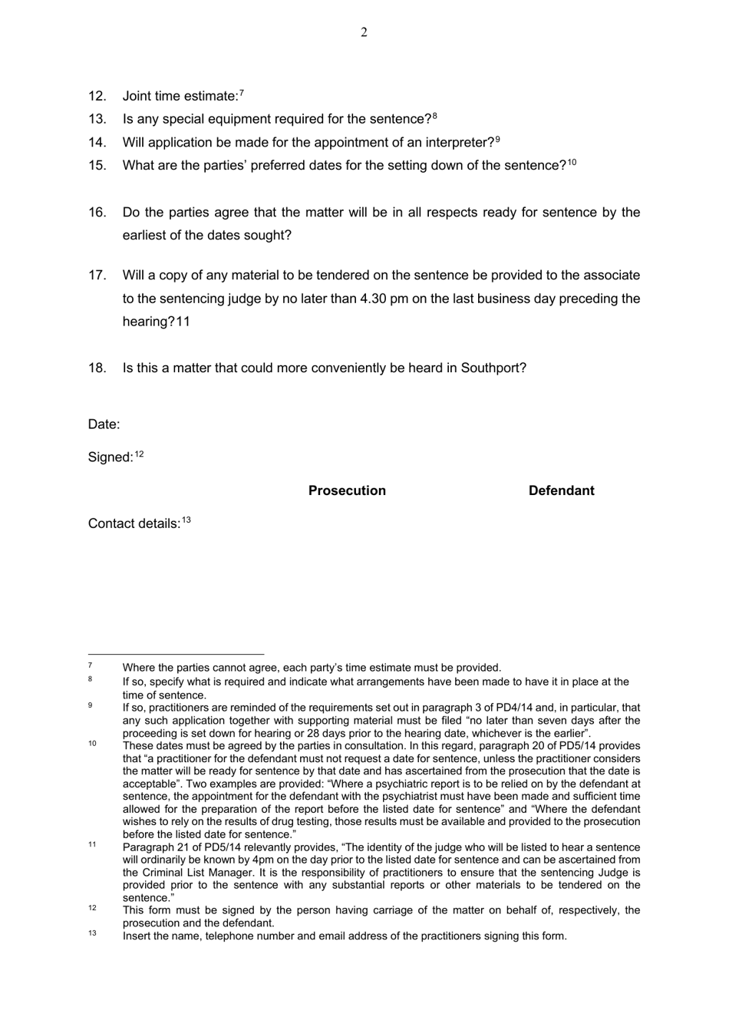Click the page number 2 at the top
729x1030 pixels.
[364, 32]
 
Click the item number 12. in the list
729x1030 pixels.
[97, 96]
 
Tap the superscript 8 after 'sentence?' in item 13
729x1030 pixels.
[434, 116]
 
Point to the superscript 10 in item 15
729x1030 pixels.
[572, 163]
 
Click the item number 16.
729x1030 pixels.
[97, 213]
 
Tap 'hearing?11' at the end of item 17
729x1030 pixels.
[156, 322]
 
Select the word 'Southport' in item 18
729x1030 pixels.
[492, 368]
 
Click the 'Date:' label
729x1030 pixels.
[104, 424]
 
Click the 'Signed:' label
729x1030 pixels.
[111, 457]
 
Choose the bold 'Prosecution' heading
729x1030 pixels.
[347, 491]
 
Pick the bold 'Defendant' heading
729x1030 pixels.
[561, 491]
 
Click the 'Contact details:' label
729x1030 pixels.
[134, 524]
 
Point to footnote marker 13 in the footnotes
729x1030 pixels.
[92, 934]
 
